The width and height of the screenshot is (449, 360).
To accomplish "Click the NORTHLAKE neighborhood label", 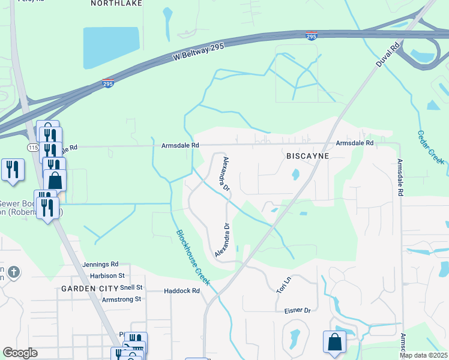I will tap(117, 3).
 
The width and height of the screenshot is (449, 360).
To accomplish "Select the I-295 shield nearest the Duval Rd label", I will tap(311, 37).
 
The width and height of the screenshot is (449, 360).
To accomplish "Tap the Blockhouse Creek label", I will tap(193, 257).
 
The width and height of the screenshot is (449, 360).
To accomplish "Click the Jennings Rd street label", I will tap(101, 264).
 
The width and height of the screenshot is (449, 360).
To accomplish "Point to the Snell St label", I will tap(131, 288).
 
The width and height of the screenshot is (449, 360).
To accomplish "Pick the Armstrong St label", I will tap(121, 299).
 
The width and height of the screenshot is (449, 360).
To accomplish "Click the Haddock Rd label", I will tap(181, 291).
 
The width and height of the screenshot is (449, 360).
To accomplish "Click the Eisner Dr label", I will tap(298, 311).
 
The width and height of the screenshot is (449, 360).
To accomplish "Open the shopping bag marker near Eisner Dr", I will tap(334, 342).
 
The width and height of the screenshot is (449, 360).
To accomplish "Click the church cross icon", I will tap(13, 273).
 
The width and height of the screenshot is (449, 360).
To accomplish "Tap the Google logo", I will tap(20, 353).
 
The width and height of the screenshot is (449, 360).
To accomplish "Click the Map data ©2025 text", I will tap(424, 355).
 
